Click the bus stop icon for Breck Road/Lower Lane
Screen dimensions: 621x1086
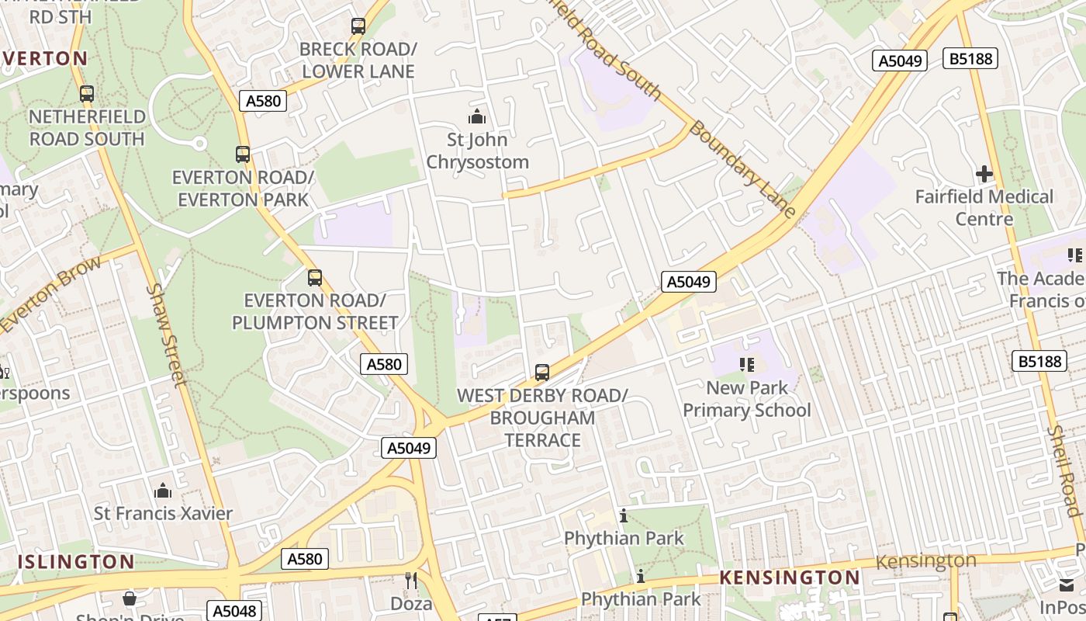pyautogui.click(x=358, y=26)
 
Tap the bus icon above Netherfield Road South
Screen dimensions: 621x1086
pyautogui.click(x=87, y=94)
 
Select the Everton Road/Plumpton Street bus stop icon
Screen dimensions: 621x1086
pyautogui.click(x=314, y=278)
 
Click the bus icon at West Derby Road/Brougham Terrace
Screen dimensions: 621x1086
pyautogui.click(x=542, y=373)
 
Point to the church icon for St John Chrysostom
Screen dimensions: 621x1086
pyautogui.click(x=477, y=117)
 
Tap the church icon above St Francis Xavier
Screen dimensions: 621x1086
pyautogui.click(x=163, y=491)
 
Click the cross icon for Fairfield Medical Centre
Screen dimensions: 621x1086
pyautogui.click(x=984, y=174)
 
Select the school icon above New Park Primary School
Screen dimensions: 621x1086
pyautogui.click(x=747, y=365)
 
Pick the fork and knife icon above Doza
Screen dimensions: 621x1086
pyautogui.click(x=411, y=580)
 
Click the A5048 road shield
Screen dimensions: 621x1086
pyautogui.click(x=234, y=611)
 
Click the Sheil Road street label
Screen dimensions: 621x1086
pyautogui.click(x=1064, y=470)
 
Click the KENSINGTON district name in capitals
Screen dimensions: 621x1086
pyautogui.click(x=789, y=578)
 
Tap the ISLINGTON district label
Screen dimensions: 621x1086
pyautogui.click(x=75, y=561)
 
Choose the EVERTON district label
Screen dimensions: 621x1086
pyautogui.click(x=45, y=58)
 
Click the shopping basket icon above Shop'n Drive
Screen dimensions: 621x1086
pyautogui.click(x=130, y=598)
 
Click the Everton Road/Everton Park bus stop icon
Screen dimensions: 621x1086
pyautogui.click(x=243, y=154)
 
